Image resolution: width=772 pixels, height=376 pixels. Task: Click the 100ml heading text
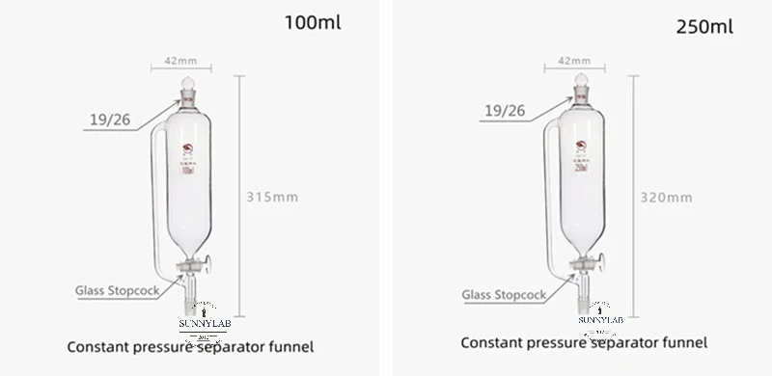[x=313, y=21]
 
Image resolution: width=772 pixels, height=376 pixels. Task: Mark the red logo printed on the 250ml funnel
[x=580, y=147]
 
